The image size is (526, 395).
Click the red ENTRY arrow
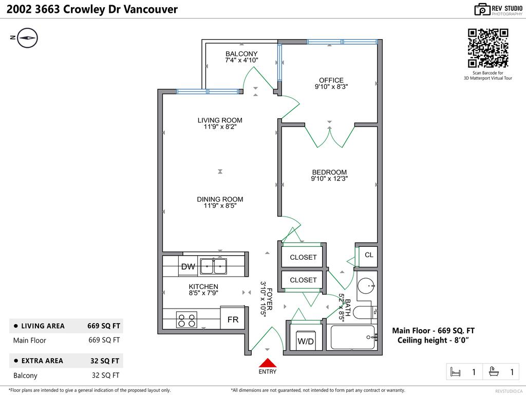click(267, 363)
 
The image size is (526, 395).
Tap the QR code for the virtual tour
click(488, 48)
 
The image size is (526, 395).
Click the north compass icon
click(28, 38)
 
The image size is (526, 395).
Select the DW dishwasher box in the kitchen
click(188, 266)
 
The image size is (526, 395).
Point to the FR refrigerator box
click(233, 319)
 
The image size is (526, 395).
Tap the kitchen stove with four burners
click(186, 320)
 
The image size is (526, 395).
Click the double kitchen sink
click(214, 266)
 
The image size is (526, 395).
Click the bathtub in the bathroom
click(353, 337)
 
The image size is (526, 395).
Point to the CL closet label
click(369, 255)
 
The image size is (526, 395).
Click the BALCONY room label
click(241, 53)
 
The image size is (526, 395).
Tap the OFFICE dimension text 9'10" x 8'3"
click(331, 87)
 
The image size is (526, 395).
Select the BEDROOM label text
click(329, 172)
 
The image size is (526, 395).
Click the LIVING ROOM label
click(220, 120)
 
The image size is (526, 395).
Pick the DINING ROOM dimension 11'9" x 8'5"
click(220, 206)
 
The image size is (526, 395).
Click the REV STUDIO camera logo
click(482, 9)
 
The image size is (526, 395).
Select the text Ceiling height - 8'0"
click(434, 340)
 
